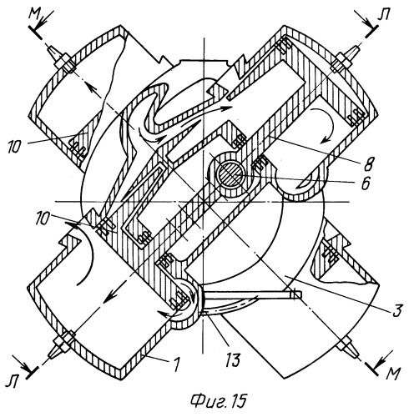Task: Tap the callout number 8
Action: click(371, 164)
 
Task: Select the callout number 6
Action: click(366, 183)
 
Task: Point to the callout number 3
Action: click(397, 311)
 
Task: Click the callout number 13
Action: click(233, 359)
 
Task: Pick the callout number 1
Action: click(176, 364)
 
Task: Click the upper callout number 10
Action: click(14, 147)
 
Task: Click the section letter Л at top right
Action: click(384, 14)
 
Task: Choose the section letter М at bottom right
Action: click(393, 374)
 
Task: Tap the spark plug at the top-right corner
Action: click(345, 58)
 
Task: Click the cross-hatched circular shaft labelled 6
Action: click(230, 177)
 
